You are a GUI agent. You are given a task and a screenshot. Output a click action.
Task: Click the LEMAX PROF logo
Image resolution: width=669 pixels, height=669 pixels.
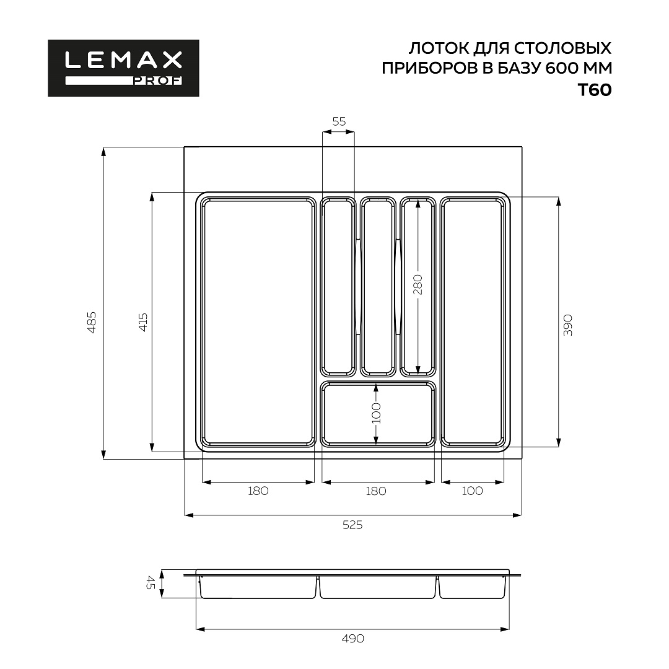click(x=123, y=68)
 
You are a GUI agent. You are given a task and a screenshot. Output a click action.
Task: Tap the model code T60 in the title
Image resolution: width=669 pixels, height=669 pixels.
click(x=594, y=90)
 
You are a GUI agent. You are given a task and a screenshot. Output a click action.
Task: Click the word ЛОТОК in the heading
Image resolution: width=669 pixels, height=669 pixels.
click(x=437, y=48)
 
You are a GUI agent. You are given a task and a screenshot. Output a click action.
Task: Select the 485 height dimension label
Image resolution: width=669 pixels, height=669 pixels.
click(x=92, y=323)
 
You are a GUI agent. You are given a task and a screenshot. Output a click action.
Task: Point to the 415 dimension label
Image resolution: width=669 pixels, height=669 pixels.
click(x=143, y=323)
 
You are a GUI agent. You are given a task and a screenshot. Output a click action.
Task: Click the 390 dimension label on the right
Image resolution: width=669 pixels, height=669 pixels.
click(x=568, y=326)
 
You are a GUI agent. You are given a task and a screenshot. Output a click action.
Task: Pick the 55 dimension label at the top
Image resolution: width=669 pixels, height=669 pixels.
click(x=339, y=121)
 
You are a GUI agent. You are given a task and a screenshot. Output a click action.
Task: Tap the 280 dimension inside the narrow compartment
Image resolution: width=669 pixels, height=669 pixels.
click(x=418, y=284)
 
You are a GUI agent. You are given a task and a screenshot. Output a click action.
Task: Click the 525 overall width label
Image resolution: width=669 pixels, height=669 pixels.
click(x=352, y=525)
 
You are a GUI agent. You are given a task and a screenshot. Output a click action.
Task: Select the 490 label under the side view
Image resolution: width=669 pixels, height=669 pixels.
click(x=353, y=639)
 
